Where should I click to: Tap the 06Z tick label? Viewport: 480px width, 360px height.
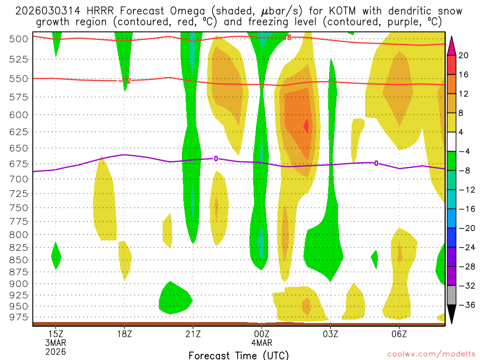pos(399,334)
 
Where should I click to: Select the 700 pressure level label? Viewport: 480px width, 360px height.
pos(19,179)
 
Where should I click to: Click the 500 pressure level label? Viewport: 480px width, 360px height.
pos(19,39)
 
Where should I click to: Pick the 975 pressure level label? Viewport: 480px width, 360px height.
pos(19,317)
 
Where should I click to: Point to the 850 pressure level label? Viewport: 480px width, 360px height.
pos(19,260)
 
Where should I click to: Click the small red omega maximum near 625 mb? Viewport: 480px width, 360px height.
pos(306,126)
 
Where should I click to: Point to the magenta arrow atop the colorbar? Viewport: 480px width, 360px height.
pos(452,45)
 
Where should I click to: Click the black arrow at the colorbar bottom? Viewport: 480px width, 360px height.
pos(452,315)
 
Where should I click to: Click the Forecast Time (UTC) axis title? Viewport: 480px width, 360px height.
pos(239,355)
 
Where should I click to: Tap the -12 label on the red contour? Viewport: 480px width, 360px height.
pos(125,81)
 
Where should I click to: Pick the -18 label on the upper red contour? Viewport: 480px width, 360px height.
pos(287,37)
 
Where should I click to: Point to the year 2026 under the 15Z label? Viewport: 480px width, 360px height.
pos(56,351)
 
